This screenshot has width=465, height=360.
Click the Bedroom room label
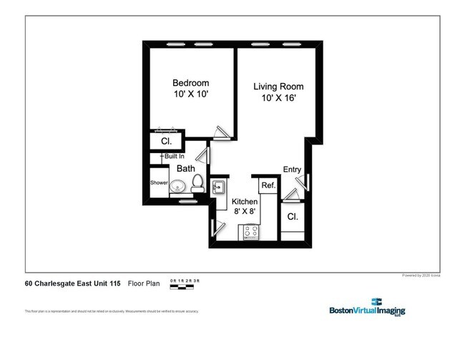pyautogui.click(x=190, y=82)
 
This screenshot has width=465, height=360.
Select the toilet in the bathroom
pyautogui.click(x=198, y=186)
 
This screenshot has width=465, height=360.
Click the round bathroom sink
pyautogui.click(x=178, y=188)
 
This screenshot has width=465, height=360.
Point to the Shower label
pyautogui.click(x=159, y=183)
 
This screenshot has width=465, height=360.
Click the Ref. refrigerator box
pyautogui.click(x=269, y=185)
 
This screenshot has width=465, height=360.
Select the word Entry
pyautogui.click(x=292, y=170)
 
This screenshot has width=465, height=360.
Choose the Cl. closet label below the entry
pyautogui.click(x=292, y=216)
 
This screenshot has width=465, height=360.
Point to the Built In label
pyautogui.click(x=174, y=156)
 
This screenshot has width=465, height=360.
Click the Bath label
pyautogui.click(x=186, y=169)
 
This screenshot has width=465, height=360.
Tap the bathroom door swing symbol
pyautogui.click(x=205, y=156)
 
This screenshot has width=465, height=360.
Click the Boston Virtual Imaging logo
pyautogui.click(x=366, y=308)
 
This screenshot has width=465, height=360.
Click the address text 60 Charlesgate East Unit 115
pyautogui.click(x=72, y=283)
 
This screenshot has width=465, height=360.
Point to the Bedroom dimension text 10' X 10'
pyautogui.click(x=190, y=94)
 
